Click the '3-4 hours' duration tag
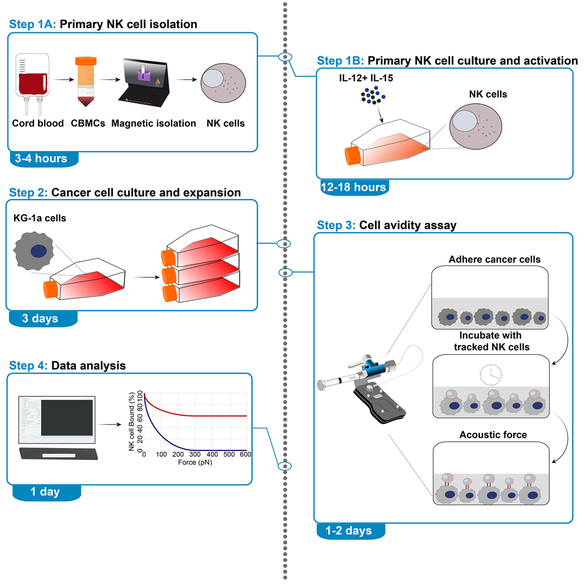pos(42,159)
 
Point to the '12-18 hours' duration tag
pos(353,187)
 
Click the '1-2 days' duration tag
pos(350,530)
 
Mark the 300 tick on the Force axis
pos(196,455)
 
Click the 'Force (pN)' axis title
pos(195,463)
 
